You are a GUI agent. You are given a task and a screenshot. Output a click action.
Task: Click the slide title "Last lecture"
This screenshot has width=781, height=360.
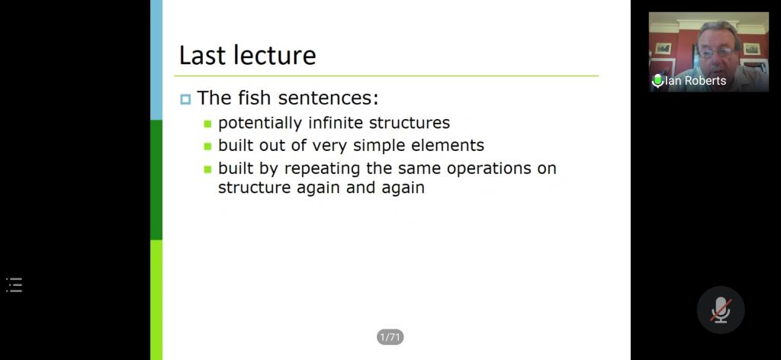tap(248, 55)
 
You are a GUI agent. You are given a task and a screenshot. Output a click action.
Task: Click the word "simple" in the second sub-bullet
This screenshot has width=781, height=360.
tap(380, 146)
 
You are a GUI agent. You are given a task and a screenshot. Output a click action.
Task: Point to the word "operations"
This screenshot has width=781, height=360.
tap(489, 169)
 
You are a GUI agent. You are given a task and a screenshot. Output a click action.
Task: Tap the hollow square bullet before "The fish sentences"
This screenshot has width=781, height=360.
tap(185, 100)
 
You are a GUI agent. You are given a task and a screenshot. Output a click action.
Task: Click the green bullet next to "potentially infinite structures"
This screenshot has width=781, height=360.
tap(207, 124)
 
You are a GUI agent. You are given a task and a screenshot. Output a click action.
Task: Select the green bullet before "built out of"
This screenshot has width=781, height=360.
tap(207, 146)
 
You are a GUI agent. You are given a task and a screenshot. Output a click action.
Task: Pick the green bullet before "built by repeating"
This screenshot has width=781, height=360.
tap(207, 169)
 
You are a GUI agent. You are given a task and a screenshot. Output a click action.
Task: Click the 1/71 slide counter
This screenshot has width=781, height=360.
tap(390, 338)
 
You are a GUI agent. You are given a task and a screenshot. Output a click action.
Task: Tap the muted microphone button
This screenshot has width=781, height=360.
tap(721, 310)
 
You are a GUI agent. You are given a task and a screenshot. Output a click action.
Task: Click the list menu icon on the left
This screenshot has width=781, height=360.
tap(14, 284)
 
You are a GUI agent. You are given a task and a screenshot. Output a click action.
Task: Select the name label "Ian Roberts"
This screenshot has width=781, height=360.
tap(696, 81)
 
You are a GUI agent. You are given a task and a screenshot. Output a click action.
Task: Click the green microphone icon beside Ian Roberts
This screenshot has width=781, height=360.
tap(657, 81)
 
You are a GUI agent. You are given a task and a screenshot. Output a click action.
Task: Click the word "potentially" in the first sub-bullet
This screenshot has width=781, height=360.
tap(260, 123)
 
